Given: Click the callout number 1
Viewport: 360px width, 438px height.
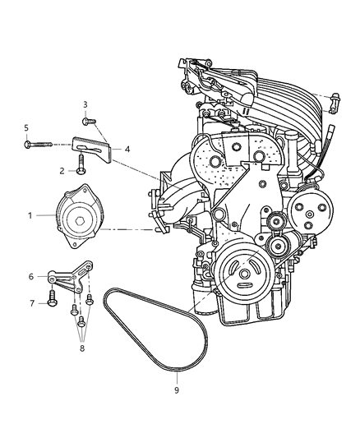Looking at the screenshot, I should (x=30, y=215).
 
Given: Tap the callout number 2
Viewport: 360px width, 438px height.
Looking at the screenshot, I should (x=61, y=170).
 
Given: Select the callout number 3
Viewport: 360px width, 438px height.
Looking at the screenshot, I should (x=85, y=104).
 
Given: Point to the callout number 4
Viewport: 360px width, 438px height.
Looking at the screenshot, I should (x=127, y=150).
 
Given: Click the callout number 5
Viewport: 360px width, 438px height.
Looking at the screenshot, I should (x=26, y=127).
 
